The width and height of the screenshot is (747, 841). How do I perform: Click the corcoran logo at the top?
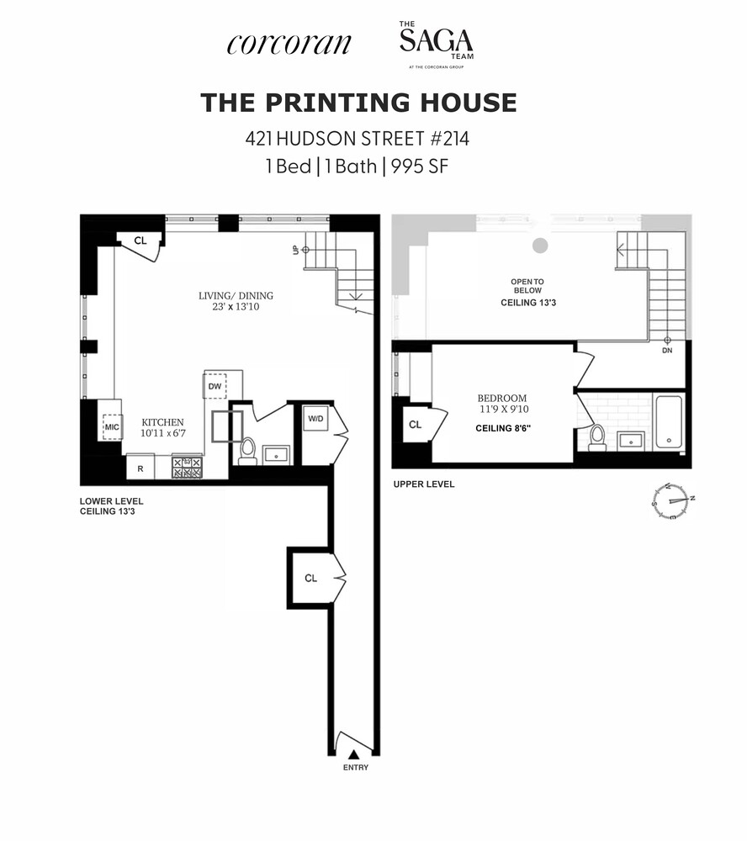[288, 44]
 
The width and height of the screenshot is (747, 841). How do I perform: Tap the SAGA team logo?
[436, 45]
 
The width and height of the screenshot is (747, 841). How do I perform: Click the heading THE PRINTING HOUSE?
[358, 103]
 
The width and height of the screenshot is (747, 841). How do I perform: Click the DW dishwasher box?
[215, 385]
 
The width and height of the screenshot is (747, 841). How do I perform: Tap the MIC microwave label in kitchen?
[111, 427]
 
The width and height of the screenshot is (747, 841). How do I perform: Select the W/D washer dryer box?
[316, 419]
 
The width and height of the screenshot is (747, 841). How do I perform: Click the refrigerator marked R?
[140, 468]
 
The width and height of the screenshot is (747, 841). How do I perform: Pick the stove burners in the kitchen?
[187, 467]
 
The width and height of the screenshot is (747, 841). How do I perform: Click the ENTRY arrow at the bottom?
[354, 754]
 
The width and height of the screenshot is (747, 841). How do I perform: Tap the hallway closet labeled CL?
[311, 578]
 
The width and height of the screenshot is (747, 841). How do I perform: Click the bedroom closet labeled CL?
[415, 425]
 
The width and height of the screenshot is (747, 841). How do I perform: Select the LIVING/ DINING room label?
[236, 301]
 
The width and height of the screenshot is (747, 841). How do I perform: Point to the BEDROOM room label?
[503, 404]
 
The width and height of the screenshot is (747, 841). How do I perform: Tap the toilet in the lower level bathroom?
[247, 451]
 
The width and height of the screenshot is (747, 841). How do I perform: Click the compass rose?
[672, 501]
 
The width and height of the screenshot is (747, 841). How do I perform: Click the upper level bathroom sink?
[630, 440]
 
